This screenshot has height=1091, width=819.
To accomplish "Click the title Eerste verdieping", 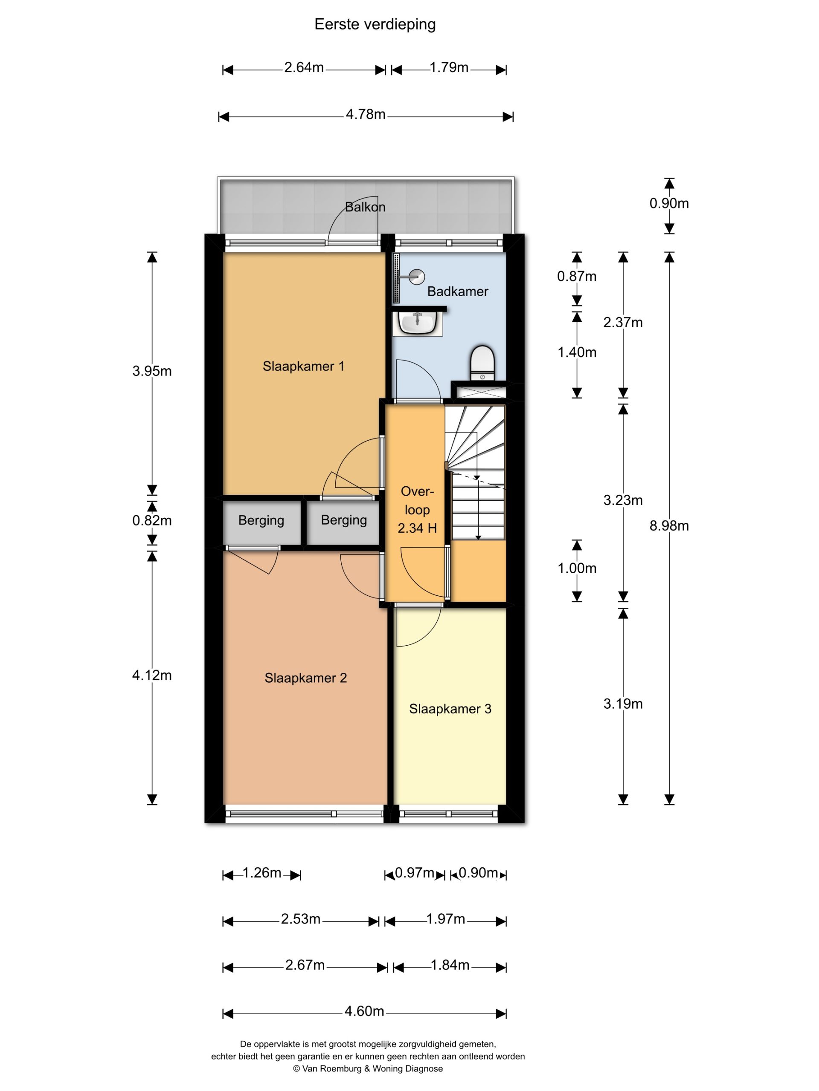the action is (x=375, y=25).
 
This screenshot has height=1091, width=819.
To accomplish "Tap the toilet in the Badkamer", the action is (x=482, y=363).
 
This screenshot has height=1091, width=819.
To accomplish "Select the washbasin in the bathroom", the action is (x=417, y=323).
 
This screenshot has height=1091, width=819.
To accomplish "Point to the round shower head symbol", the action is (x=417, y=277).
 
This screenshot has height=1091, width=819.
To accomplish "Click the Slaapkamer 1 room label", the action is (x=303, y=366).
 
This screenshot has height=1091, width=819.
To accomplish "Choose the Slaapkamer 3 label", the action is (x=450, y=709).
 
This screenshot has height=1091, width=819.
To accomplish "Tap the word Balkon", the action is (x=365, y=207).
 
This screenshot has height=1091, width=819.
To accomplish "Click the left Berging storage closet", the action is (x=261, y=523).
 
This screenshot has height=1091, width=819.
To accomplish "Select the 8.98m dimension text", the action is (x=669, y=526).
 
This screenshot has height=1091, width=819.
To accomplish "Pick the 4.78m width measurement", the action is (x=365, y=114).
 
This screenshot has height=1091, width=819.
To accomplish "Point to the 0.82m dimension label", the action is (x=152, y=520).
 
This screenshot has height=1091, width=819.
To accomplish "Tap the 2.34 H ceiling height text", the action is (x=417, y=528).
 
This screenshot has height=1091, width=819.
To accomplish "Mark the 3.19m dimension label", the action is (x=623, y=704).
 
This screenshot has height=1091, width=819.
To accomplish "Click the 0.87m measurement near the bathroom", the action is (x=577, y=276).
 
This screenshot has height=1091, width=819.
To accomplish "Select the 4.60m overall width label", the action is (x=364, y=1011).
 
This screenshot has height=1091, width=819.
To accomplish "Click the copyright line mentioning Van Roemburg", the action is (x=368, y=1069).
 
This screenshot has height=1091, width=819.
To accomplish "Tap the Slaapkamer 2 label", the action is (x=305, y=678).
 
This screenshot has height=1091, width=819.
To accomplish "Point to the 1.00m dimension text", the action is (x=577, y=568).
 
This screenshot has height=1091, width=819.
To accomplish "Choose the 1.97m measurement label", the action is (x=446, y=919).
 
